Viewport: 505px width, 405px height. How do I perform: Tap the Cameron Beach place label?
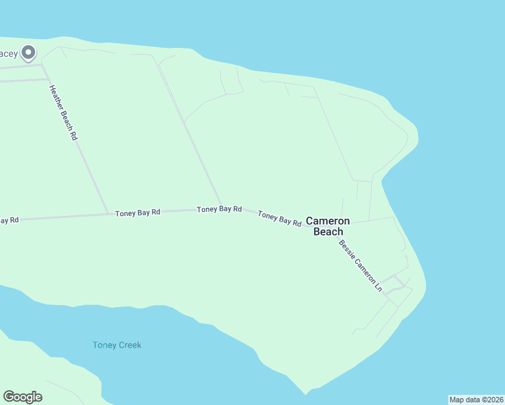pos(328,226)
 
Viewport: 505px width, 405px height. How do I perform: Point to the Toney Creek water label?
pos(117,345)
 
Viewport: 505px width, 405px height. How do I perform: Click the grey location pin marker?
pos(28,52)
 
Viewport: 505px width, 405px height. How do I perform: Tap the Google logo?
pos(22,397)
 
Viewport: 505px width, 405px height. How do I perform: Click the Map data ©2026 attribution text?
pos(476,400)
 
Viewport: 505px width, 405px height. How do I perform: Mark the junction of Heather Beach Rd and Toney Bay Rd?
pos(109,214)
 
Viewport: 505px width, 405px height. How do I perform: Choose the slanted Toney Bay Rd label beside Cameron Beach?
pos(280,218)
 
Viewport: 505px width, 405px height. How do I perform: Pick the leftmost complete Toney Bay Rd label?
pos(137,212)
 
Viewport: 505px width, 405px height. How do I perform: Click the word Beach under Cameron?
pos(328,232)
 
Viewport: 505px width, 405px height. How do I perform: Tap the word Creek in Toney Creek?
pos(129,345)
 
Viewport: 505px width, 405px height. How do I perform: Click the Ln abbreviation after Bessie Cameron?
pos(378,286)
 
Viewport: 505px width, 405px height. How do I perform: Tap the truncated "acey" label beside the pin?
pos(8,53)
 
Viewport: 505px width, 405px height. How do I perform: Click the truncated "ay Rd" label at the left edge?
pos(9,220)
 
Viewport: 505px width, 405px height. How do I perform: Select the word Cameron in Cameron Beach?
pos(328,221)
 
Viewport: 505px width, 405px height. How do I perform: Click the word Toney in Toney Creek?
pos(104,345)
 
